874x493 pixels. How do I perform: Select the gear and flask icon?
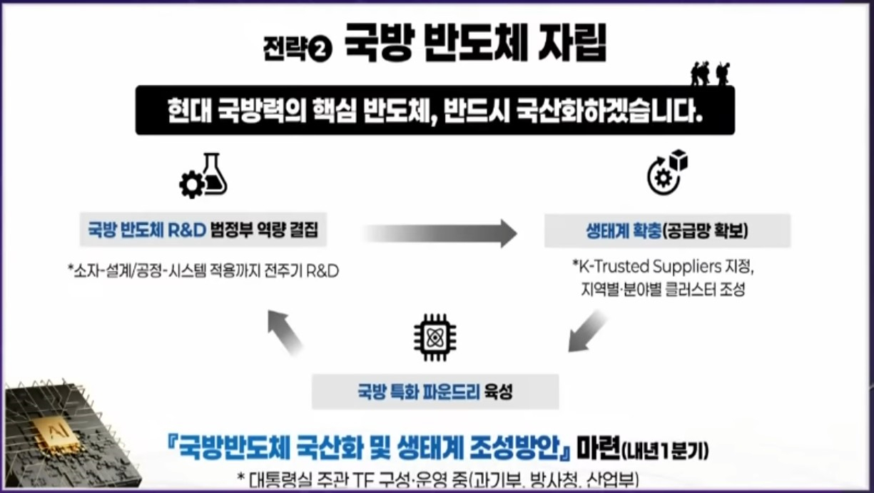tap(203, 176)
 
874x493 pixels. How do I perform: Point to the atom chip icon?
tap(435, 337)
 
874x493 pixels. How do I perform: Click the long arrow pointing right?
tap(440, 233)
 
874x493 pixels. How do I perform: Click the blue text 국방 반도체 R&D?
tap(146, 230)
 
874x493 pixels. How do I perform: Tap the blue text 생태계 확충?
tap(622, 230)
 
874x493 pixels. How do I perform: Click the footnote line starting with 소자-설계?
tap(203, 271)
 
